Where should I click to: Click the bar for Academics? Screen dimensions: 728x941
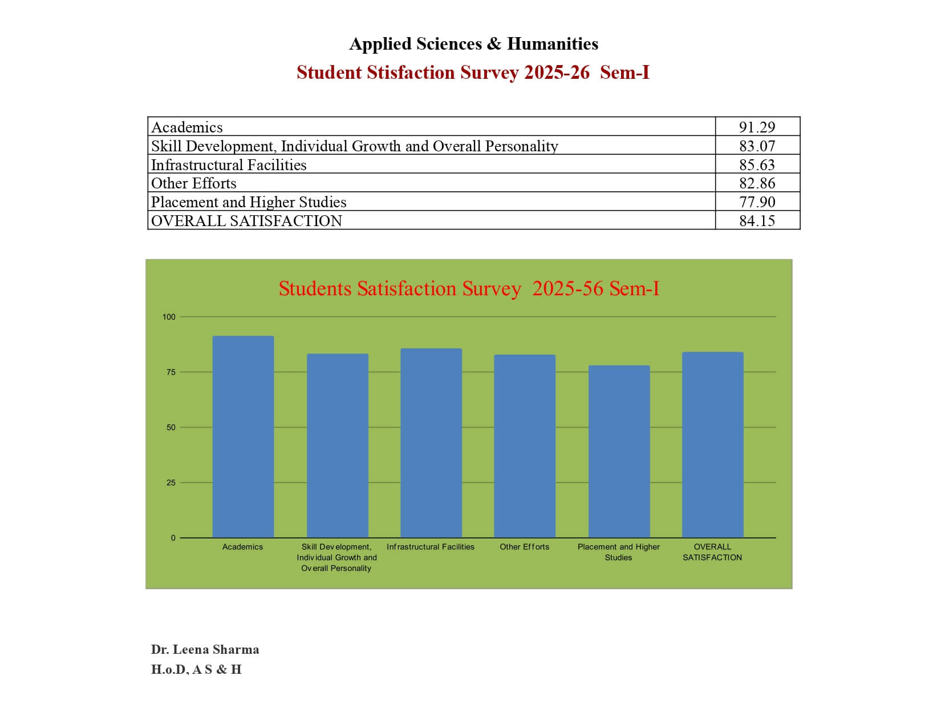click(x=243, y=437)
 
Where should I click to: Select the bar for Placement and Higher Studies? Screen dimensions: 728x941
click(x=619, y=451)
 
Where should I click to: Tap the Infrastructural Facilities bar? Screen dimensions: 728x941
click(x=431, y=443)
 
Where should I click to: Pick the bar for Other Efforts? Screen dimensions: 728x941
click(x=524, y=446)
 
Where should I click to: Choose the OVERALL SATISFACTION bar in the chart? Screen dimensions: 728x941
click(x=712, y=445)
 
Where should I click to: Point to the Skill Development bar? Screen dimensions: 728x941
click(x=337, y=445)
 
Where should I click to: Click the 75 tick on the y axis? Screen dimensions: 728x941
click(x=171, y=372)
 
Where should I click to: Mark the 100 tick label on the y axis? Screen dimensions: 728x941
click(x=169, y=317)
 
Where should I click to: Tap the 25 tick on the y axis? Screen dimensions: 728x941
click(x=171, y=483)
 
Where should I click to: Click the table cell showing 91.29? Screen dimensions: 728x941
click(x=757, y=127)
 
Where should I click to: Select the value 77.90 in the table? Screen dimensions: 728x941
click(x=757, y=202)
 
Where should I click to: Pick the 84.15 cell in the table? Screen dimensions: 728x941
click(x=757, y=221)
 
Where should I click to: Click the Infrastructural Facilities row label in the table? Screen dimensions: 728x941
click(x=229, y=165)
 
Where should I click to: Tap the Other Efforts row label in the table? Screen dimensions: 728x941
click(x=194, y=183)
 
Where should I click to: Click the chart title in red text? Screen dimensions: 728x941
click(x=469, y=289)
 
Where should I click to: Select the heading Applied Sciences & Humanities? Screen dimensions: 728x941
click(x=473, y=44)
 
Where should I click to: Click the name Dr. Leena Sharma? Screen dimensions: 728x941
click(x=205, y=649)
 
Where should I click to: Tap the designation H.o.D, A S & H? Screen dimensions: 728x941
click(x=196, y=669)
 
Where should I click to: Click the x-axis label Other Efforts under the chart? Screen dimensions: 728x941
click(x=524, y=547)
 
